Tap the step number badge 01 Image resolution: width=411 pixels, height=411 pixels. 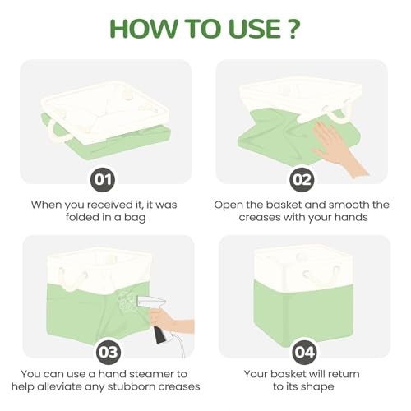click(x=103, y=179)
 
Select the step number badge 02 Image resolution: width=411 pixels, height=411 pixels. click(x=302, y=179)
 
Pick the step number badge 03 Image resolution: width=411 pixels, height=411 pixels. click(x=109, y=353)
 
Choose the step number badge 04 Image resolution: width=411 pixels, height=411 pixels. click(x=304, y=353)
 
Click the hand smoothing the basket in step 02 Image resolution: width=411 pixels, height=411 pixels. click(x=338, y=148)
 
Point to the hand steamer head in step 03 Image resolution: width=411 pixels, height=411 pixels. click(x=150, y=302)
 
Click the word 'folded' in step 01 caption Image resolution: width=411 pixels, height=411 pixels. click(x=82, y=217)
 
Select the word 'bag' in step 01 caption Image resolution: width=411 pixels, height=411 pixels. click(x=135, y=218)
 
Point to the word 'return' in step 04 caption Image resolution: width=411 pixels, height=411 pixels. click(x=344, y=374)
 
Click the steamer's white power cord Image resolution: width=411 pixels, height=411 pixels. click(x=179, y=346)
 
